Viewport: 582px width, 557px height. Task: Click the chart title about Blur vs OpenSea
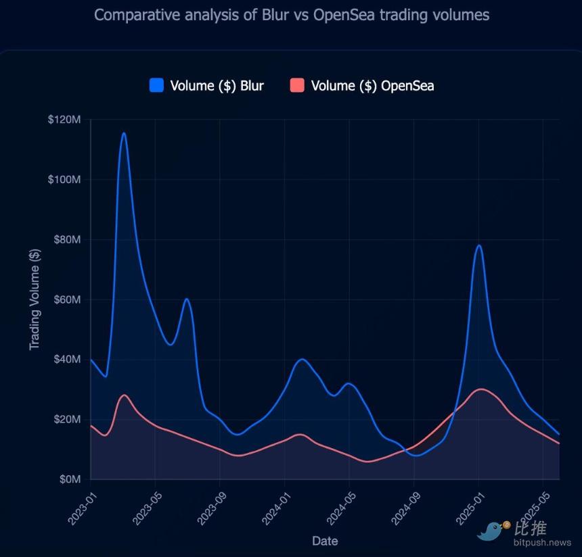click(x=291, y=15)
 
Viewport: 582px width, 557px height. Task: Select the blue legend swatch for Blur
click(x=156, y=85)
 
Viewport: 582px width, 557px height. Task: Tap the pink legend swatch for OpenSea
click(x=297, y=85)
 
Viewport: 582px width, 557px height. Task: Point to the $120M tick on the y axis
click(x=64, y=120)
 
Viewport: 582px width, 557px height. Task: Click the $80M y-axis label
click(x=67, y=239)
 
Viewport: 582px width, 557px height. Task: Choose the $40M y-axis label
click(x=67, y=359)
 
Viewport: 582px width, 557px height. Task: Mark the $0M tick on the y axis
click(x=70, y=479)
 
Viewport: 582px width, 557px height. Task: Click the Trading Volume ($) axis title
click(x=35, y=299)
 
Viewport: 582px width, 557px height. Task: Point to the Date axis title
click(x=325, y=541)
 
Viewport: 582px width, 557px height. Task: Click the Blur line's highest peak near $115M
click(x=123, y=133)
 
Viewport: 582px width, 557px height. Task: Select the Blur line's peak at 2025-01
click(x=479, y=245)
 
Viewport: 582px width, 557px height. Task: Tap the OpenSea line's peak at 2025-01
click(x=480, y=389)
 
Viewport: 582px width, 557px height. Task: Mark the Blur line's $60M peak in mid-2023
click(x=187, y=299)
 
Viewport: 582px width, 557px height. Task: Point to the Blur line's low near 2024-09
click(x=417, y=456)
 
